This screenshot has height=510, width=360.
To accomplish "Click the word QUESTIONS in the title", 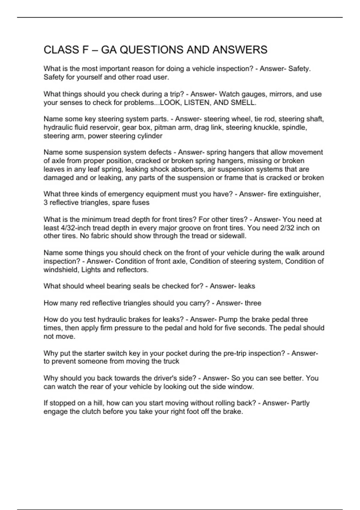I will (x=151, y=50).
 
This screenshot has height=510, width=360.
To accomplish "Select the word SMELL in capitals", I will (x=243, y=103).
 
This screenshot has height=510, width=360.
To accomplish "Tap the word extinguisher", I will (x=300, y=194).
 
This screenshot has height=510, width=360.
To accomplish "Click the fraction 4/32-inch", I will (x=76, y=228).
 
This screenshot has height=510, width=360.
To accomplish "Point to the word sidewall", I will (x=232, y=236).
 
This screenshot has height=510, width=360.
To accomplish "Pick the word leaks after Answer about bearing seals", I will (x=247, y=286).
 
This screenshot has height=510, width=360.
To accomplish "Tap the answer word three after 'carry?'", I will (x=253, y=303).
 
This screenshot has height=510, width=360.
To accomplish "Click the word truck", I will (x=171, y=361).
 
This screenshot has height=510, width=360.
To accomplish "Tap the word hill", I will (x=97, y=403).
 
